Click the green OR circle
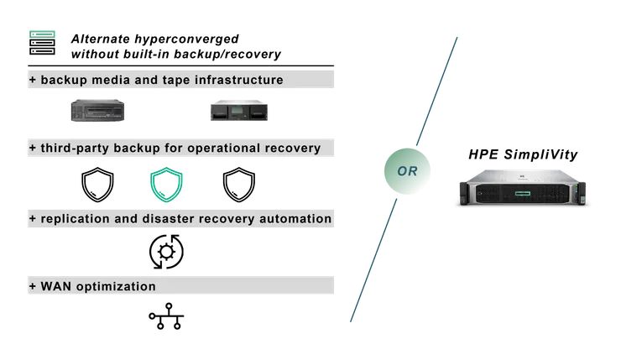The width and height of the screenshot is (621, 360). click(x=405, y=171)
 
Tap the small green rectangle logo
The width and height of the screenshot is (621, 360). click(x=43, y=33)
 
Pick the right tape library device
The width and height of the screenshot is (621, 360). click(x=241, y=110)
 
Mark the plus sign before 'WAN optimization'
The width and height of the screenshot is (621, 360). click(x=33, y=286)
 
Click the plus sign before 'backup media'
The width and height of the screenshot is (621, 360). click(x=33, y=80)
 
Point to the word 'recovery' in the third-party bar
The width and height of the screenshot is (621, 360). click(x=291, y=149)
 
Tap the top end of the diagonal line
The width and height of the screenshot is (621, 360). click(x=460, y=36)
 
